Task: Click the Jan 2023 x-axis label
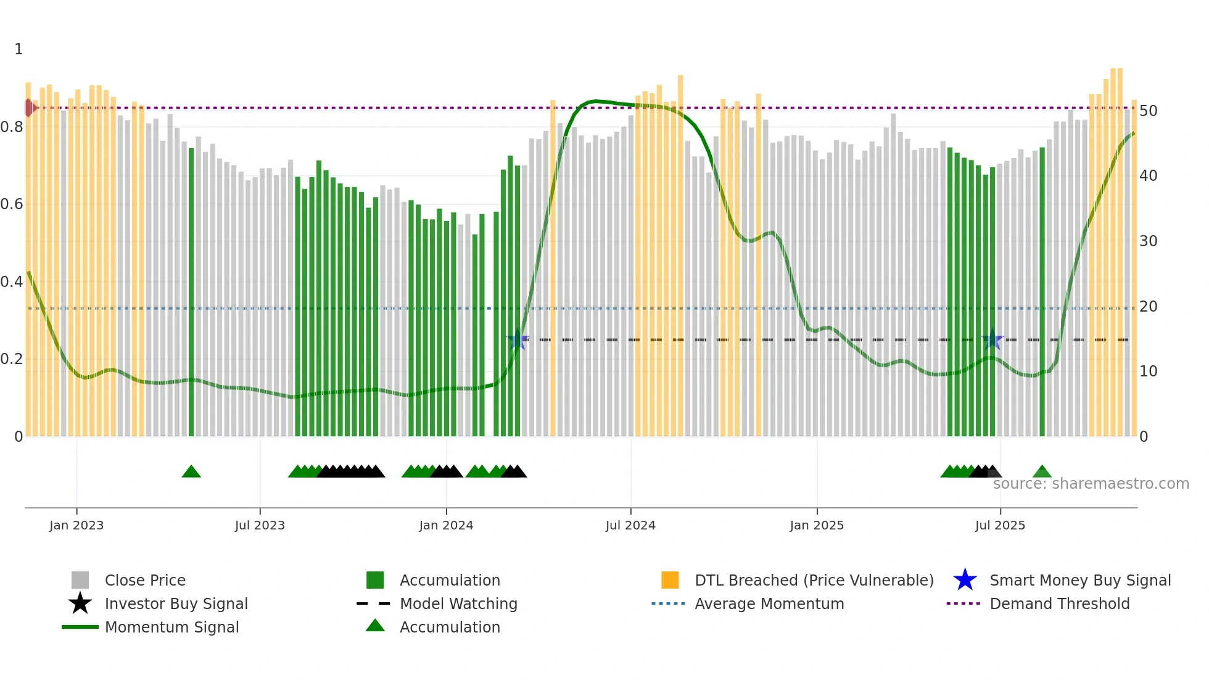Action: point(76,525)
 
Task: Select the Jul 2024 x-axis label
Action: point(630,525)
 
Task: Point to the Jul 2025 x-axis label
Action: point(999,525)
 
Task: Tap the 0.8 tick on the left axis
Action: point(12,127)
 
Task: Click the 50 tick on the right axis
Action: point(1148,111)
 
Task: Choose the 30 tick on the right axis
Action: point(1148,241)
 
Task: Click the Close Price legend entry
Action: point(145,580)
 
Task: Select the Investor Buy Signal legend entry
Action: point(176,603)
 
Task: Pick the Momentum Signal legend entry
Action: point(171,627)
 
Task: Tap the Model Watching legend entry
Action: point(458,603)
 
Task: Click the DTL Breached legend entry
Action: point(814,580)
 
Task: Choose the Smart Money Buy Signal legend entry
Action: point(1079,580)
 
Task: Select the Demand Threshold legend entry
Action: point(1059,603)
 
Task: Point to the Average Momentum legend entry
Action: point(769,603)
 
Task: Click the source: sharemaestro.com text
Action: point(1091,484)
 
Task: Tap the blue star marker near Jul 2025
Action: point(992,340)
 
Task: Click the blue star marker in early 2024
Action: point(518,340)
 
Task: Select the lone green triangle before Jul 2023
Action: point(191,472)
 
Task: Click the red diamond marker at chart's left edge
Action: point(29,108)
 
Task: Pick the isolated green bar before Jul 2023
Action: point(191,290)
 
